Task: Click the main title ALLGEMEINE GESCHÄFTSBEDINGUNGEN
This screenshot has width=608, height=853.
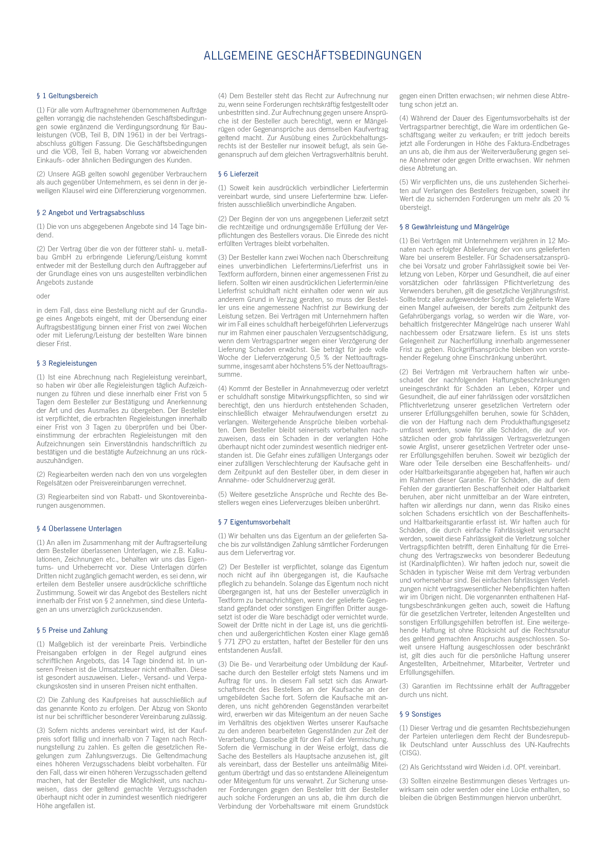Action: [x=313, y=56]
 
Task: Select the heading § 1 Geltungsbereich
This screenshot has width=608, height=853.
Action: [x=67, y=96]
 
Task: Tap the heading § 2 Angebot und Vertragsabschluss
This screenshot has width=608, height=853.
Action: [x=91, y=213]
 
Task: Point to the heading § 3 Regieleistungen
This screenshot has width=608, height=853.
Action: [x=67, y=363]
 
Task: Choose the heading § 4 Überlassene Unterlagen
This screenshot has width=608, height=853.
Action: [x=79, y=529]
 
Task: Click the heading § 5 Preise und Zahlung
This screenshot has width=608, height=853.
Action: [x=72, y=630]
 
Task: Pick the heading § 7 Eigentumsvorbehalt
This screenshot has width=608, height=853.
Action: [x=254, y=522]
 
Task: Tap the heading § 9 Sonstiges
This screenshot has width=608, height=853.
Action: [x=420, y=714]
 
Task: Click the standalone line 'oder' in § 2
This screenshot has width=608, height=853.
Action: [x=43, y=296]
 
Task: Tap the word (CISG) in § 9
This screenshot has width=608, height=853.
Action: [x=410, y=753]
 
